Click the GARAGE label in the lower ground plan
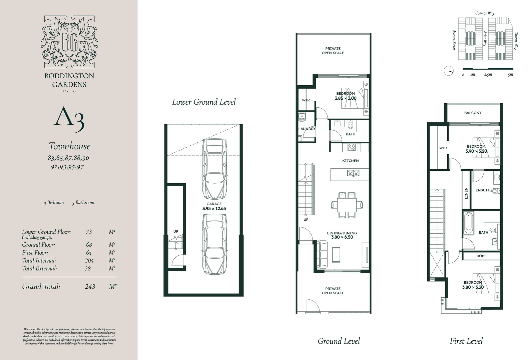214,204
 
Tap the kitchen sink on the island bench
353,173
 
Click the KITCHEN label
350,161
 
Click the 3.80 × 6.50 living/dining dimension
342,237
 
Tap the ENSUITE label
483,190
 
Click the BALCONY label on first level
473,113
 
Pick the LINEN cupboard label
466,193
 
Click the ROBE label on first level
481,256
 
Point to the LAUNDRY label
307,129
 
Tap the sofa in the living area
322,254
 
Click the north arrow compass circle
449,71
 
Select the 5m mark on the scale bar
510,75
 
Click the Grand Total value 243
90,286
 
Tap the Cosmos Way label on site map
485,13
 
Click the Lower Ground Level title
204,102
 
